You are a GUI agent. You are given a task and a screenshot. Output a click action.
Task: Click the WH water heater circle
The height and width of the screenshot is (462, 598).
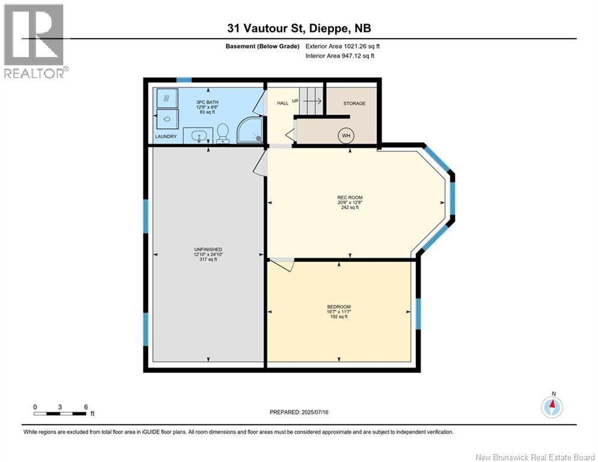[x=346, y=135]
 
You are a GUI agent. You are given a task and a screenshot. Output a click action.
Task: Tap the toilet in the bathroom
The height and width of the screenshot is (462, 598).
[x=222, y=134]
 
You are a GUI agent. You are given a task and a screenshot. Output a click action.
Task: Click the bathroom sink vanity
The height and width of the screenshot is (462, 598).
[x=198, y=135]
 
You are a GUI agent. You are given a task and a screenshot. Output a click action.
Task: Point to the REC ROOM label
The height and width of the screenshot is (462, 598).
[x=350, y=197]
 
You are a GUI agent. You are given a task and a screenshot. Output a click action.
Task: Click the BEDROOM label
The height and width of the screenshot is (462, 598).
[x=338, y=307]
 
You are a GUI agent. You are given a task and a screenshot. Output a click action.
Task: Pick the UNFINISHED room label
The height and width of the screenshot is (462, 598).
[x=208, y=249]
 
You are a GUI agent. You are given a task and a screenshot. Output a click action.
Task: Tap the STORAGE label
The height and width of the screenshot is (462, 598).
[x=355, y=103]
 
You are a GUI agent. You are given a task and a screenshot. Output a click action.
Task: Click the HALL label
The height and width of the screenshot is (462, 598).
[x=282, y=103]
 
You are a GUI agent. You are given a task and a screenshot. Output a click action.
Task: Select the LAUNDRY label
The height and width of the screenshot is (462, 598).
[x=165, y=137]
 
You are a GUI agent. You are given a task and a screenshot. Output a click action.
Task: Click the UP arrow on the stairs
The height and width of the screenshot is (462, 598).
[x=313, y=101]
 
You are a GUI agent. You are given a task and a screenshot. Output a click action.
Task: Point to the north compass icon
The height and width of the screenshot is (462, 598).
[x=552, y=406]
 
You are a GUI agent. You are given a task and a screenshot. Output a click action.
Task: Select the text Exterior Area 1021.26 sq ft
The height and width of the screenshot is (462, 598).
[x=343, y=46]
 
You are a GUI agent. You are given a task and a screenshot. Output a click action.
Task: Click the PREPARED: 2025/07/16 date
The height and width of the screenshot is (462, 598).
[x=299, y=412]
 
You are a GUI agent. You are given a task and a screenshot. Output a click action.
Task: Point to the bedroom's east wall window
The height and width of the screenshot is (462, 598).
[x=418, y=313]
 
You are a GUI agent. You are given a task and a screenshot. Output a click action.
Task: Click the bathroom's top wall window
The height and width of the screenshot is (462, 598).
[x=183, y=80]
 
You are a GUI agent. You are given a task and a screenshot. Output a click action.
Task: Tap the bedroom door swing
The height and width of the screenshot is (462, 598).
[x=282, y=265]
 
